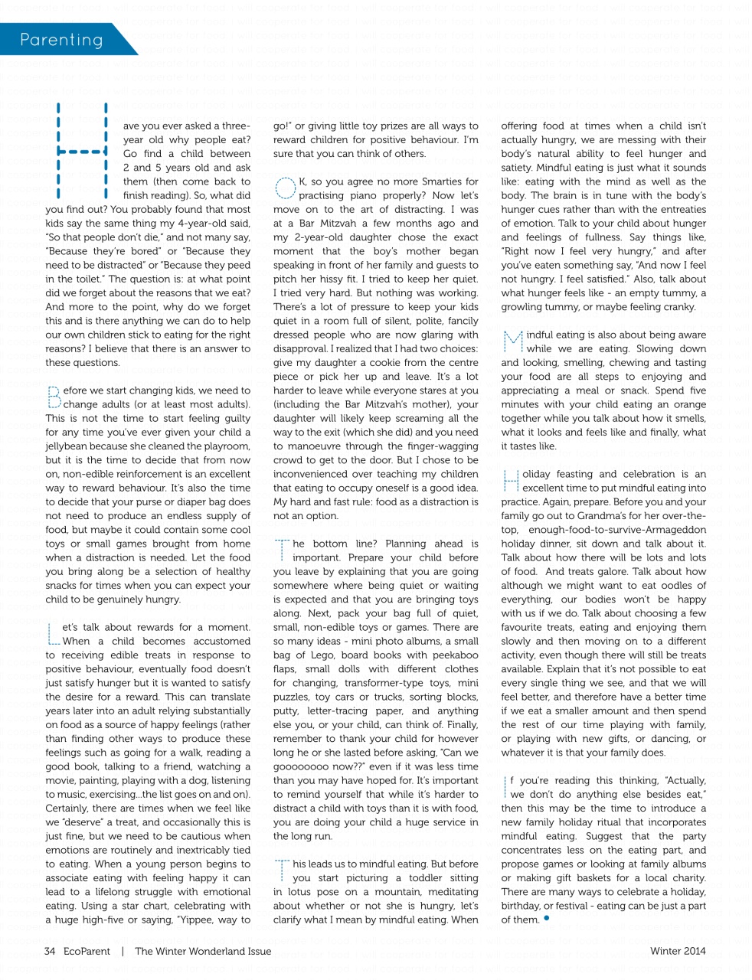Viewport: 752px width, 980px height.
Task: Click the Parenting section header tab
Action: pyautogui.click(x=61, y=40)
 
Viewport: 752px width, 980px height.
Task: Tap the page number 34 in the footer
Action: pyautogui.click(x=50, y=951)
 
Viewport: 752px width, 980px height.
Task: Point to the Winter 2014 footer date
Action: pyautogui.click(x=678, y=951)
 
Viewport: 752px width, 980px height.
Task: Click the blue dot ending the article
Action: pyautogui.click(x=547, y=917)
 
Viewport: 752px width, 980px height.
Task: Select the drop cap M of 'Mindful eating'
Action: pyautogui.click(x=512, y=341)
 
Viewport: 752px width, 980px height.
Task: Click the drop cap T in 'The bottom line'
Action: pyautogui.click(x=282, y=549)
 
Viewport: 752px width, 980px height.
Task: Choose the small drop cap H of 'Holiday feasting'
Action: pyautogui.click(x=511, y=480)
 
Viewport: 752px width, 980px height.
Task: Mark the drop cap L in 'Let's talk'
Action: pyautogui.click(x=53, y=633)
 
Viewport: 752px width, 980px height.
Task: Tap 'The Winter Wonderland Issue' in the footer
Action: pyautogui.click(x=203, y=951)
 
